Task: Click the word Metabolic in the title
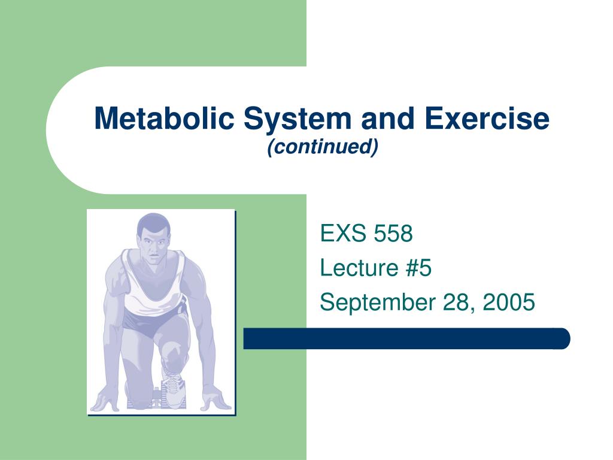click(x=164, y=118)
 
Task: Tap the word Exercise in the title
click(x=487, y=118)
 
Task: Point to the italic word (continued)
click(x=323, y=147)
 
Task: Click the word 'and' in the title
click(x=388, y=118)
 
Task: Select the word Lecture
click(x=359, y=268)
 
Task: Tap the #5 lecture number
click(x=418, y=268)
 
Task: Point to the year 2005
click(x=509, y=302)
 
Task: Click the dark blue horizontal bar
click(x=406, y=338)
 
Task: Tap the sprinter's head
click(x=154, y=238)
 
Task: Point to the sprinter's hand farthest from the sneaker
click(x=104, y=400)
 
